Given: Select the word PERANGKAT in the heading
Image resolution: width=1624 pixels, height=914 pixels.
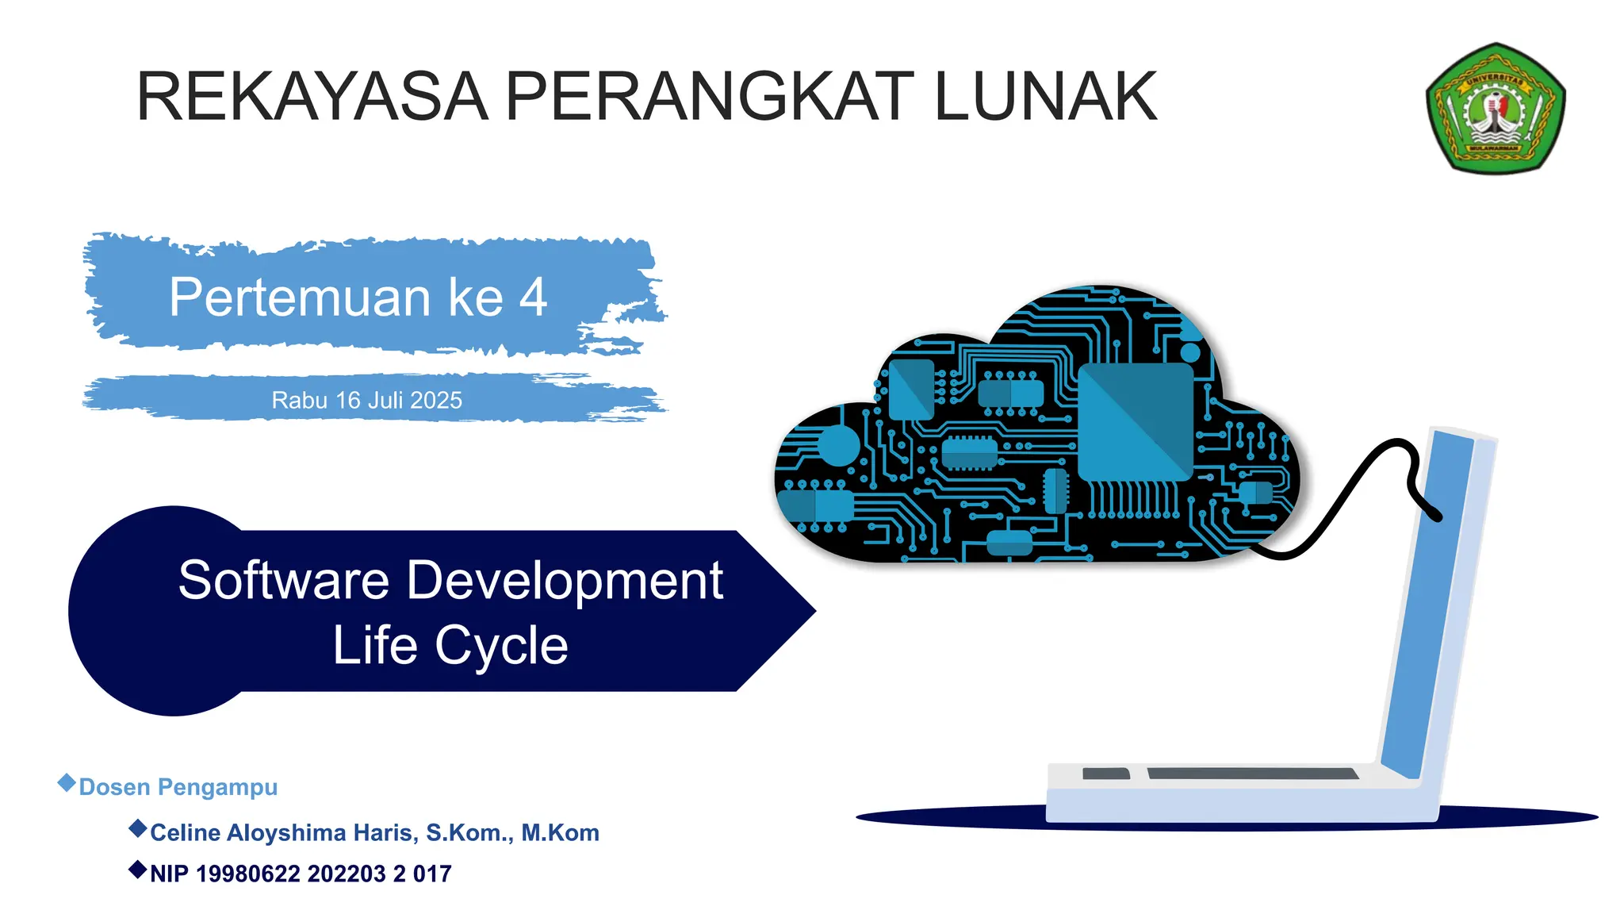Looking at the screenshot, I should pos(709,97).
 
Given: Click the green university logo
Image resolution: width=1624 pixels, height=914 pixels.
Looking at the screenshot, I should pos(1495,109).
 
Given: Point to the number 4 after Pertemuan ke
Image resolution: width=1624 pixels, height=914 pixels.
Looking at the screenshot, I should pos(533,298).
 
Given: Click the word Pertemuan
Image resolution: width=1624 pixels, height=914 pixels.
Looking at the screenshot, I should pos(299,298).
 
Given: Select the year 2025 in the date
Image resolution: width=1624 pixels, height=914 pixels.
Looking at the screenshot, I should pos(437,400).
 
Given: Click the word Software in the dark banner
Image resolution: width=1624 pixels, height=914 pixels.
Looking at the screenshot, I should pos(283,580).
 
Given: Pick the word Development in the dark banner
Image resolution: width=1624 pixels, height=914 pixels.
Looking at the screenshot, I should pos(565,580).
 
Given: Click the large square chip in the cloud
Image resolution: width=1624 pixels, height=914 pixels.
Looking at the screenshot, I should pos(1135,421).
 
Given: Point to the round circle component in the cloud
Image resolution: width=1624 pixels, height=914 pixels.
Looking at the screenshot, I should pos(838,445).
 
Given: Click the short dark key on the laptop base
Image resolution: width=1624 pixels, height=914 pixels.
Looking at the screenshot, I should pos(1105,774).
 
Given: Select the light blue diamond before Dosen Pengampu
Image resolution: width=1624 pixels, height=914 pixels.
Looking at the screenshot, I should pos(67,783).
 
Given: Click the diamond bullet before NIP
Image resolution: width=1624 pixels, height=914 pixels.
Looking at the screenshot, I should pos(137,870).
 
